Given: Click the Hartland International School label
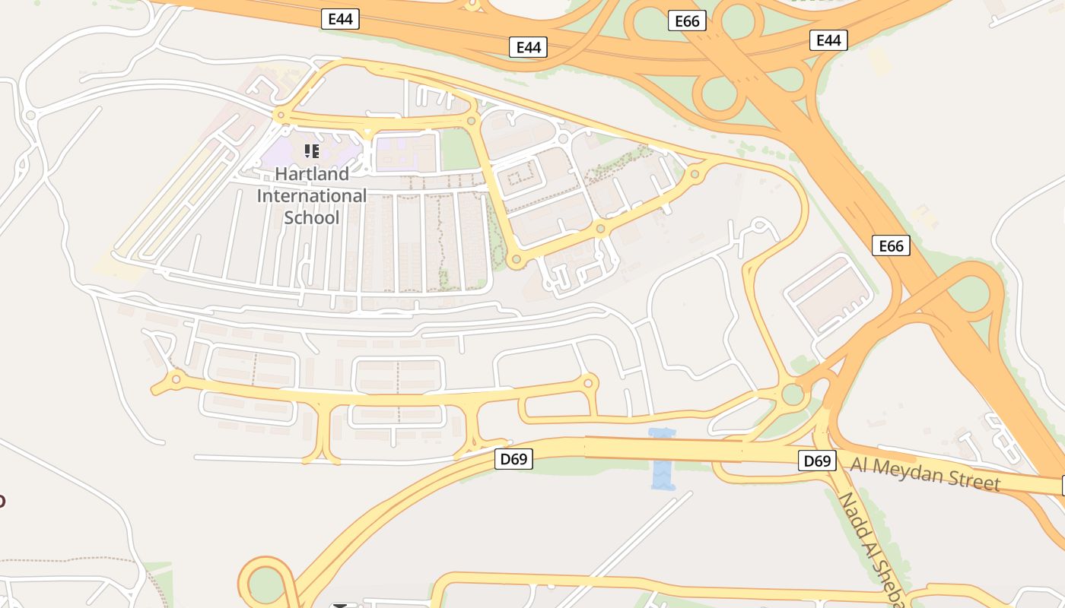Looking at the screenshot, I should point(312,195).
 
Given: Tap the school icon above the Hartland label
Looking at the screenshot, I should point(312,151).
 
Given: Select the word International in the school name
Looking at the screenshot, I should point(312,195).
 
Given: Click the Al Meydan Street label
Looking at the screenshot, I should point(924,473).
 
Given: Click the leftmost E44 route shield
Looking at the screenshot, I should point(340,19).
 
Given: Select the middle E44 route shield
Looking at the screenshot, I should point(529,47).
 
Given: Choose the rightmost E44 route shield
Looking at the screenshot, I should point(828,40).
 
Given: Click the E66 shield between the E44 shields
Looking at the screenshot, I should point(687,21).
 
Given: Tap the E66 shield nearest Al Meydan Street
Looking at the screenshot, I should point(891,245).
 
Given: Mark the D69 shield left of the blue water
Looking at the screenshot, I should point(513,458).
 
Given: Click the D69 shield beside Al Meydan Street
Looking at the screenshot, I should point(817,461).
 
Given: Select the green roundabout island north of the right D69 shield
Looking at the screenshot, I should point(793,394).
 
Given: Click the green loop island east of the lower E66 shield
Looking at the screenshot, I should point(968,292).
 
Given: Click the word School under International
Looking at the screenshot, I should point(312,217).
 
